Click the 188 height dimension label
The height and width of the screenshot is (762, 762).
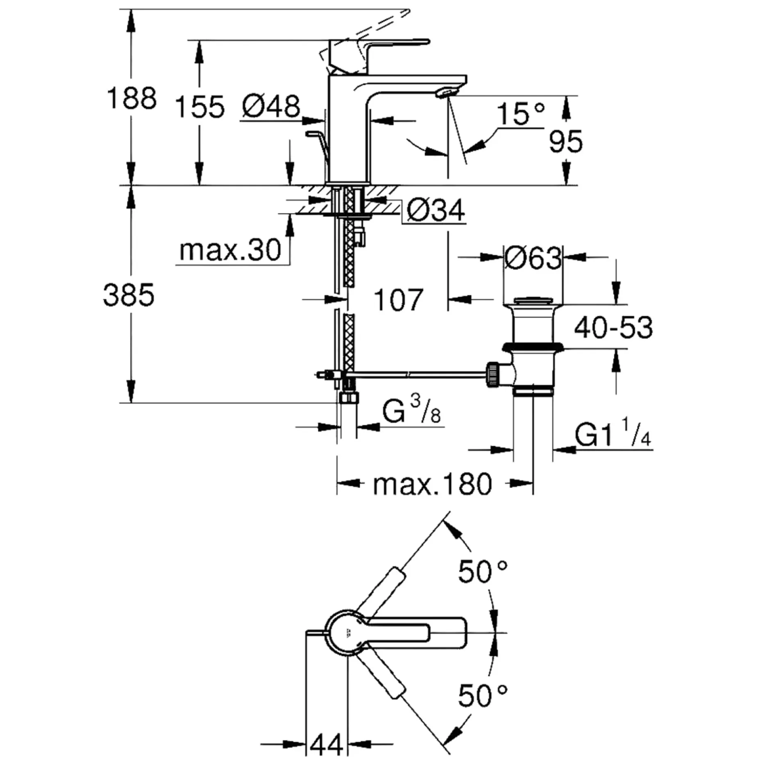131,99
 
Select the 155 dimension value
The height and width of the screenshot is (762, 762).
200,107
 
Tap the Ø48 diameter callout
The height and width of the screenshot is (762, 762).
271,106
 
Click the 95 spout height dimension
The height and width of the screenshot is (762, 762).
566,141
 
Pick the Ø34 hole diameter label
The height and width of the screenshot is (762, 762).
436,210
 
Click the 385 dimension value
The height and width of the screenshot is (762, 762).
129,295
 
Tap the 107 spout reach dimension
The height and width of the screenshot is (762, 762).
398,300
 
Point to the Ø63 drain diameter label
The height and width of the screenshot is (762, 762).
533,258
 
